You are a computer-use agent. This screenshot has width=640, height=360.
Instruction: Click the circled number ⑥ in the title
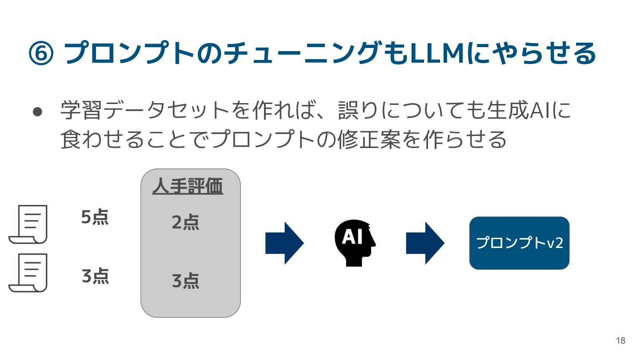(x=41, y=54)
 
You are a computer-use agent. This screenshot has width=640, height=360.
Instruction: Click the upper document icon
(x=28, y=224)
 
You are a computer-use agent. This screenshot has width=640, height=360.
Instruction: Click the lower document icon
(x=28, y=272)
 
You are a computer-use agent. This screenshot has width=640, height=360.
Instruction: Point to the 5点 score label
(x=95, y=218)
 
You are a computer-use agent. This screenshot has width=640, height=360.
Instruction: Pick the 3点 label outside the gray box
(x=95, y=276)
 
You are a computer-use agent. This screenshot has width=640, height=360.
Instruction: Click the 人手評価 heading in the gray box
(x=187, y=187)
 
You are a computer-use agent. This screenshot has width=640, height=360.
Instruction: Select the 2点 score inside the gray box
(x=185, y=223)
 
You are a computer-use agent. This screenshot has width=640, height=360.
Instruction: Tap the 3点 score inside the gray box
(x=185, y=281)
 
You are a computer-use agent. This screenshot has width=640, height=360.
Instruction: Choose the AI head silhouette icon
(x=355, y=243)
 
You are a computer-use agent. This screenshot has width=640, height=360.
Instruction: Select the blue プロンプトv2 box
(x=519, y=243)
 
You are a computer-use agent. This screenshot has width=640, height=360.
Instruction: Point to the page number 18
(x=620, y=341)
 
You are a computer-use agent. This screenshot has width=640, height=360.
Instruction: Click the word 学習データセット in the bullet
(x=146, y=111)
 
